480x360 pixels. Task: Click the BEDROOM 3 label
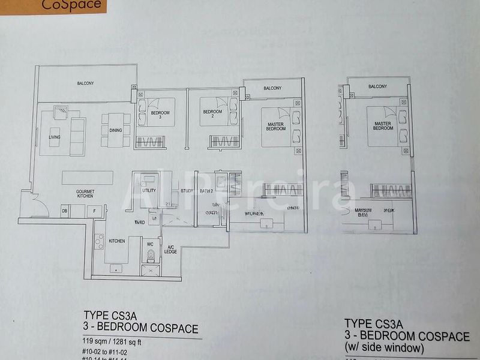[x=160, y=115]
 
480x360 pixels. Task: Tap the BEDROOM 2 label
[x=212, y=112]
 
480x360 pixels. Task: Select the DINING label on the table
[x=116, y=130]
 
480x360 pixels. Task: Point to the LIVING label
[x=55, y=137]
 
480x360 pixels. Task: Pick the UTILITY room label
[x=149, y=190]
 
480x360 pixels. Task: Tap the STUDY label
[x=187, y=191]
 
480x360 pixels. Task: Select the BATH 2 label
[x=207, y=191]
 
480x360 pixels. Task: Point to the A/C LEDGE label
[x=170, y=250]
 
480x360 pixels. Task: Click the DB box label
[x=64, y=211]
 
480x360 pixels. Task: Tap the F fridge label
[x=94, y=211]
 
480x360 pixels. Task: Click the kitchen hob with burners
[x=99, y=241]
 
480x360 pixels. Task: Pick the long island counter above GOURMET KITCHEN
[x=88, y=178]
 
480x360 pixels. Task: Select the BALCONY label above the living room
[x=86, y=83]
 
